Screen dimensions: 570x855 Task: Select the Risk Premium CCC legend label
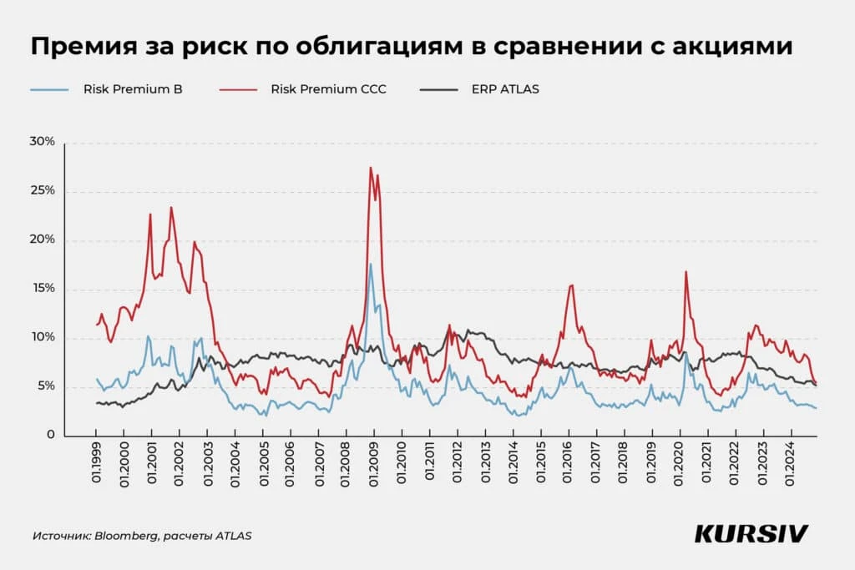(328, 88)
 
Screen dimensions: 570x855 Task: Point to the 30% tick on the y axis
(41, 142)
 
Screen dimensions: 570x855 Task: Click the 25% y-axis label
(41, 190)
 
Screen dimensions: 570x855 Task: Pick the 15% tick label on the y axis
(41, 288)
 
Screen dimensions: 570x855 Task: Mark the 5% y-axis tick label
(44, 386)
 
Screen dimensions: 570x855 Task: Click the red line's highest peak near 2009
(371, 168)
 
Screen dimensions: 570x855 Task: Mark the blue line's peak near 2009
(371, 265)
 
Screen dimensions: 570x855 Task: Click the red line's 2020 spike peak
(686, 271)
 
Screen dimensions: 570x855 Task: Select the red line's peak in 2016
(571, 285)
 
